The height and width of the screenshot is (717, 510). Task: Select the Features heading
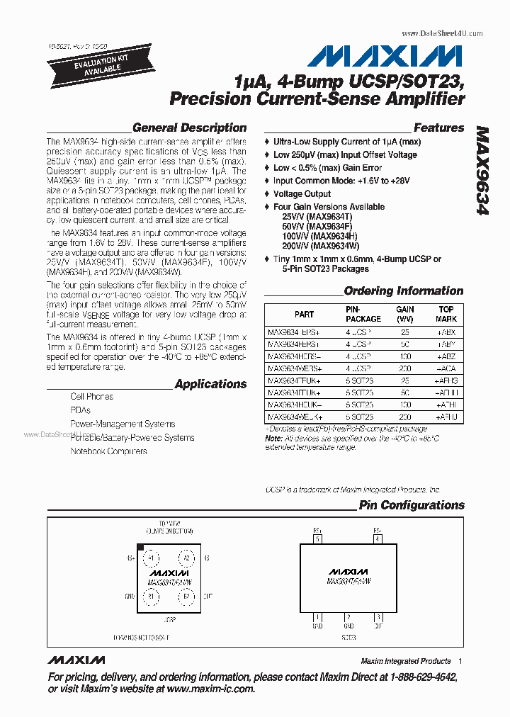438,128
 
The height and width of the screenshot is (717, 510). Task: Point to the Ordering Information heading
403,291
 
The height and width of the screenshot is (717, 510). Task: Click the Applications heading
210,384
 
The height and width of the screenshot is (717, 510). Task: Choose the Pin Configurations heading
412,505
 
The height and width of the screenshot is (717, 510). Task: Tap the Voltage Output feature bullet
302,193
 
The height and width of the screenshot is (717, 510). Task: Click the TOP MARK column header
446,314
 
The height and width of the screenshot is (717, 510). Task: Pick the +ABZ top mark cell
446,356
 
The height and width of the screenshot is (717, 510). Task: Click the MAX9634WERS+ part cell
294,368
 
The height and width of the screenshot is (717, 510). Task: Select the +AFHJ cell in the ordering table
446,417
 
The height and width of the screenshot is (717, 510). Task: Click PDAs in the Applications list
80,410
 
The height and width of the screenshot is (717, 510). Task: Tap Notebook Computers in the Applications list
108,451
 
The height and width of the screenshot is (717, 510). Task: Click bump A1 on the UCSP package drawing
149,558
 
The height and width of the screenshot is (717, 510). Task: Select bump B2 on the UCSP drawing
186,597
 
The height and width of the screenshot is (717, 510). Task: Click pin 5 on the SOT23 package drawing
319,539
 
